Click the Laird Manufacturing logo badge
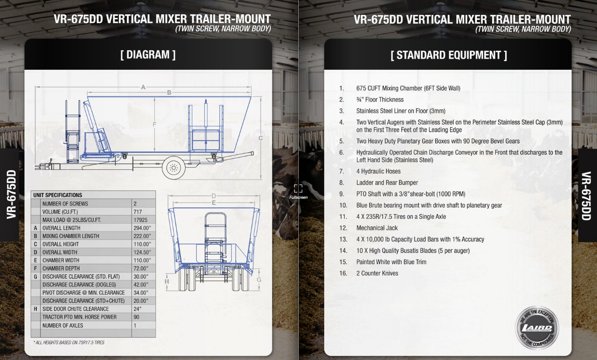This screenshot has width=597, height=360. click(537, 328)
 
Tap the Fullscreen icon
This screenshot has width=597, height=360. click(298, 189)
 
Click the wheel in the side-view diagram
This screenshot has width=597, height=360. click(173, 168)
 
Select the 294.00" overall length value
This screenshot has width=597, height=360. click(142, 228)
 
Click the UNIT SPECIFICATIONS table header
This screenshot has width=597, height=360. click(58, 195)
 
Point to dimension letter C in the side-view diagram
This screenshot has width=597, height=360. click(261, 138)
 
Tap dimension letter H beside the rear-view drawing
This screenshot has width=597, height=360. click(167, 282)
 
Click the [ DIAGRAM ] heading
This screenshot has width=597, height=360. click(148, 55)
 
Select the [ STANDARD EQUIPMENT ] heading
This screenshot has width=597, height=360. click(448, 55)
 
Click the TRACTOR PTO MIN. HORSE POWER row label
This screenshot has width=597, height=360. click(79, 317)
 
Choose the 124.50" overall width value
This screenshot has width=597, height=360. click(142, 252)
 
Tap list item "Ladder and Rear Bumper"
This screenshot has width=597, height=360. click(387, 183)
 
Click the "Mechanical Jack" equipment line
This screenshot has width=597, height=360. click(377, 228)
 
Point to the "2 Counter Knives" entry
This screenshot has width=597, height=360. click(377, 273)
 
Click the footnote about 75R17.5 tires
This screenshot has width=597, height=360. click(69, 343)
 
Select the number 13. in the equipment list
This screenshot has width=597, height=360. click(343, 239)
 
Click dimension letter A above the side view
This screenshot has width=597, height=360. click(143, 87)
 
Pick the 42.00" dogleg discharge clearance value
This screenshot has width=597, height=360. click(141, 284)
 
